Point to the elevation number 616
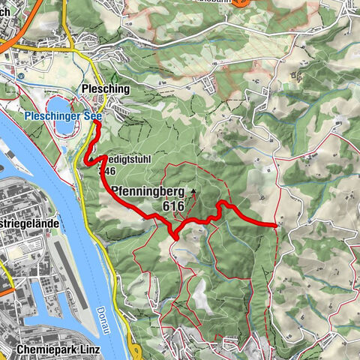172,205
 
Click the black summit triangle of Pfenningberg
193,191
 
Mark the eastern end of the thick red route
276,224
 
